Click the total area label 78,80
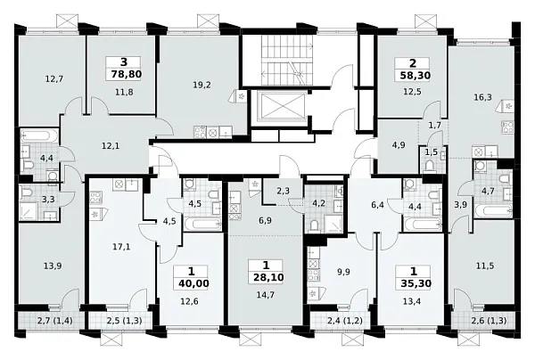127,74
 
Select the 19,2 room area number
202,85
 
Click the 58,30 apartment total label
415,75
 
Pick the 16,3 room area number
482,97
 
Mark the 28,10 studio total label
268,277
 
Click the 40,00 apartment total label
193,283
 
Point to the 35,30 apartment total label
416,283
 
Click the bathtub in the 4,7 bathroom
494,211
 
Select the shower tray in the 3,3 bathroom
29,212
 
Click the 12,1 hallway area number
111,146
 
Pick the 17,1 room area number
121,247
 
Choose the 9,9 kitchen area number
343,272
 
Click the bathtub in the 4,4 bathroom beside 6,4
423,225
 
